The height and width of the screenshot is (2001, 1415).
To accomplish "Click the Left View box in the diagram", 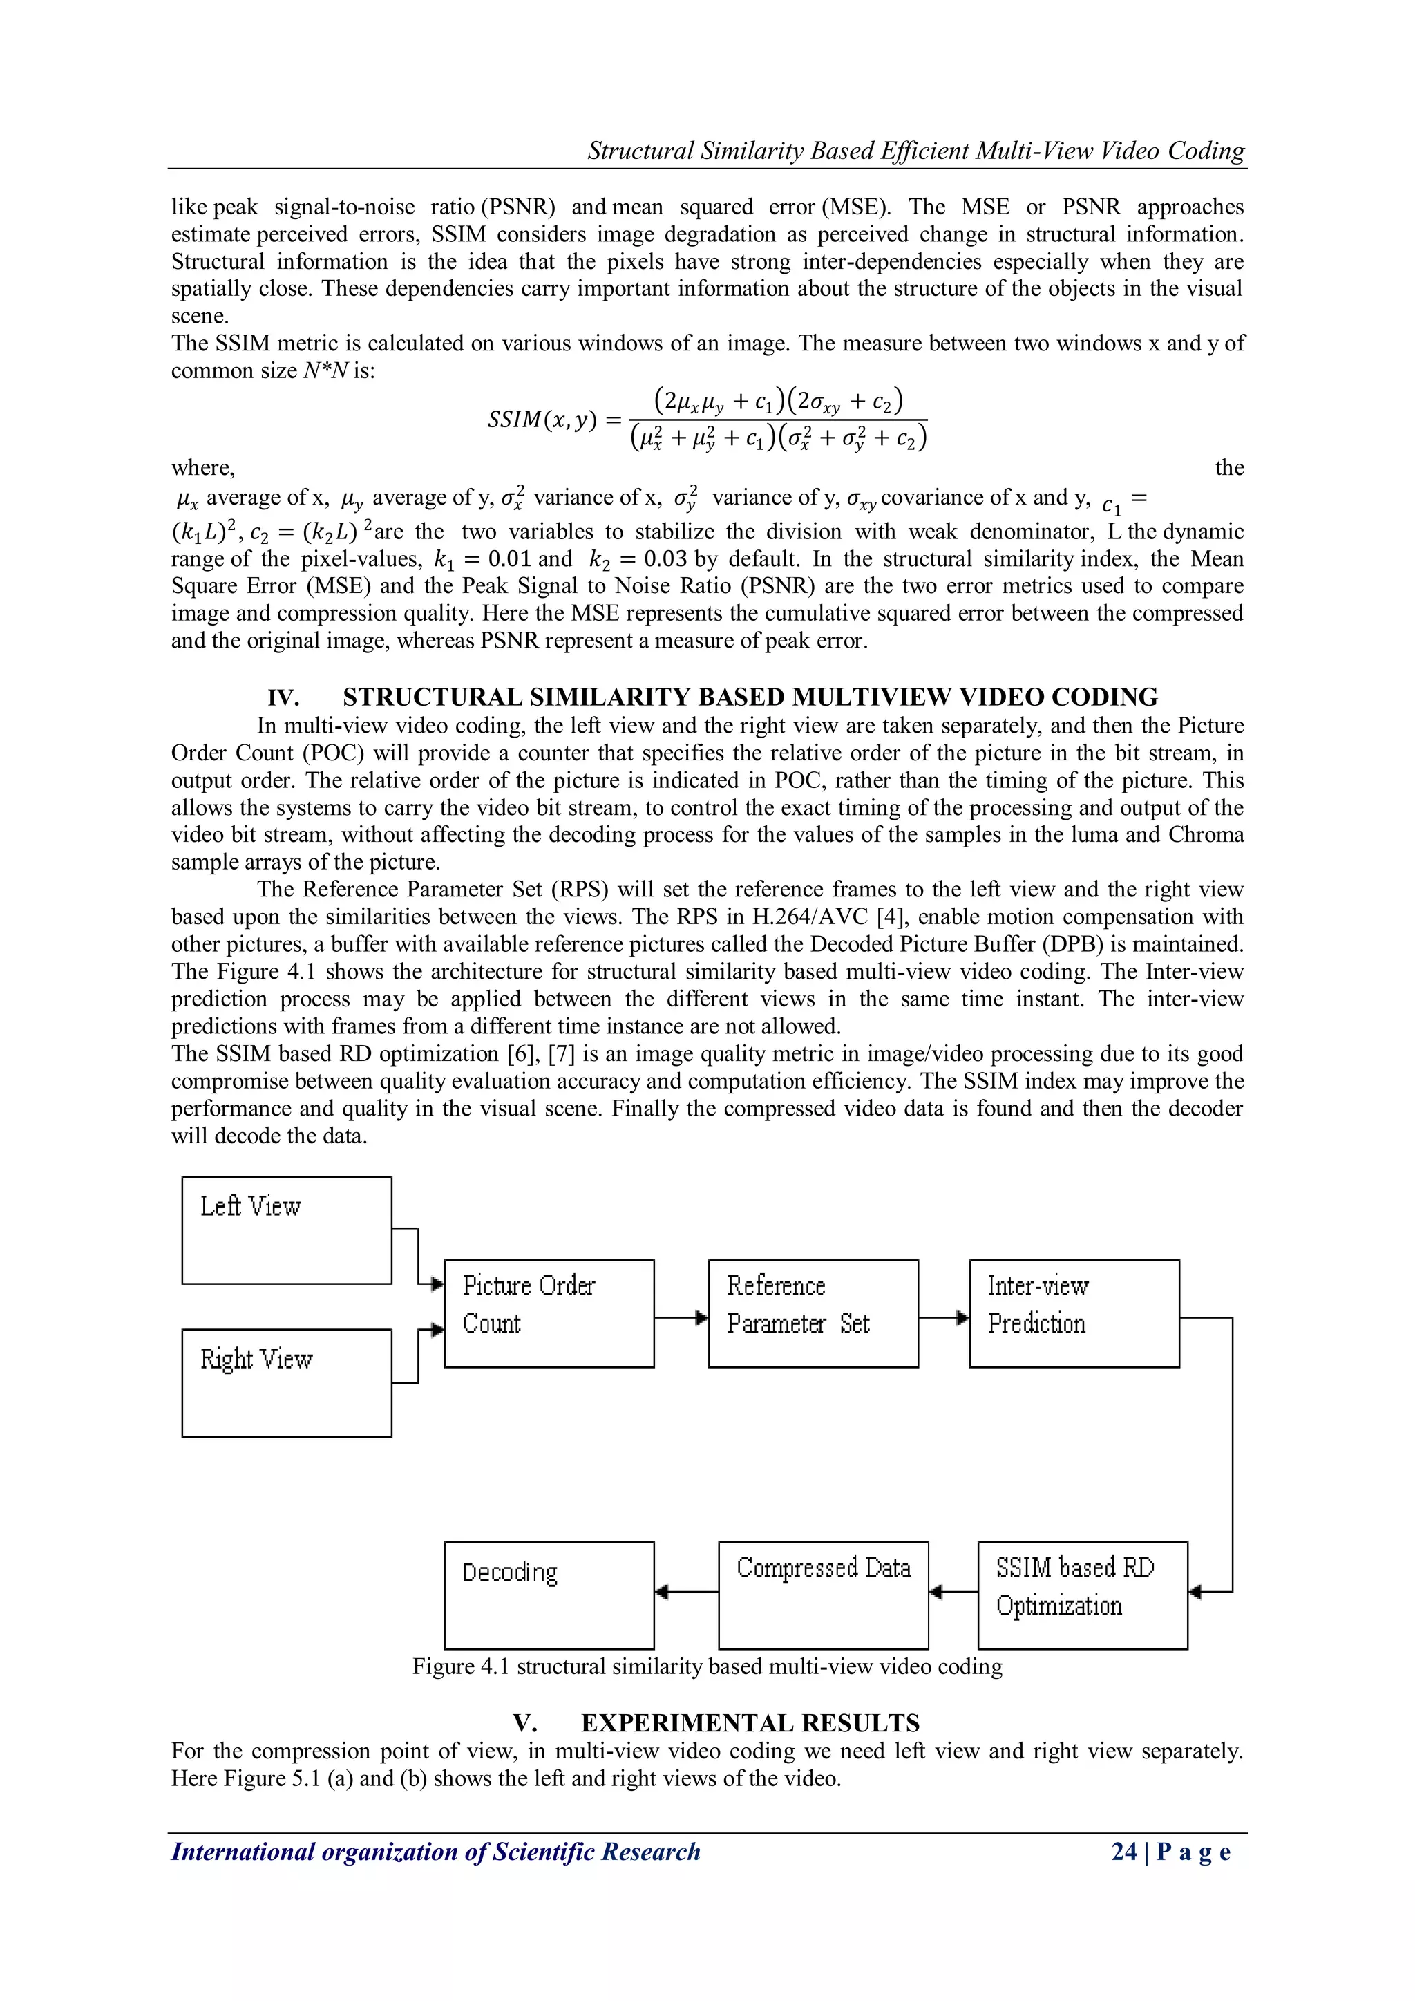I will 287,1230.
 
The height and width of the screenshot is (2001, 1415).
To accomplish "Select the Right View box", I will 287,1382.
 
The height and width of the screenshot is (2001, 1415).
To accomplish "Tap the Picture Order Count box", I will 549,1313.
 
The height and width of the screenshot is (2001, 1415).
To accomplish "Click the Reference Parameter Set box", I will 813,1313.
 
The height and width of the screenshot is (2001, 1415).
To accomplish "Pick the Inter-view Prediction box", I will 1074,1313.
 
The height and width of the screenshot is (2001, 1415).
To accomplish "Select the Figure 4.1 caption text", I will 707,1666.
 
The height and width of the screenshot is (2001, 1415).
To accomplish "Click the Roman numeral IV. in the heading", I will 283,698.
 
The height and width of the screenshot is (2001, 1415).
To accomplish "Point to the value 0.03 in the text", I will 665,558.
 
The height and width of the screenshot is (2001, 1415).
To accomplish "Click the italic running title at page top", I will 915,151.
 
